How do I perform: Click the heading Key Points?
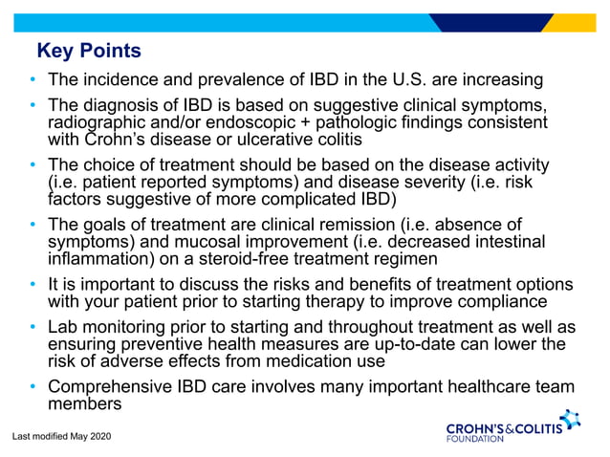click(x=88, y=51)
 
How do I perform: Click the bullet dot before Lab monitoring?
click(x=33, y=328)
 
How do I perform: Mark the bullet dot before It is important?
click(x=33, y=286)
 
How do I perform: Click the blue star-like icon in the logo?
click(x=570, y=419)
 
